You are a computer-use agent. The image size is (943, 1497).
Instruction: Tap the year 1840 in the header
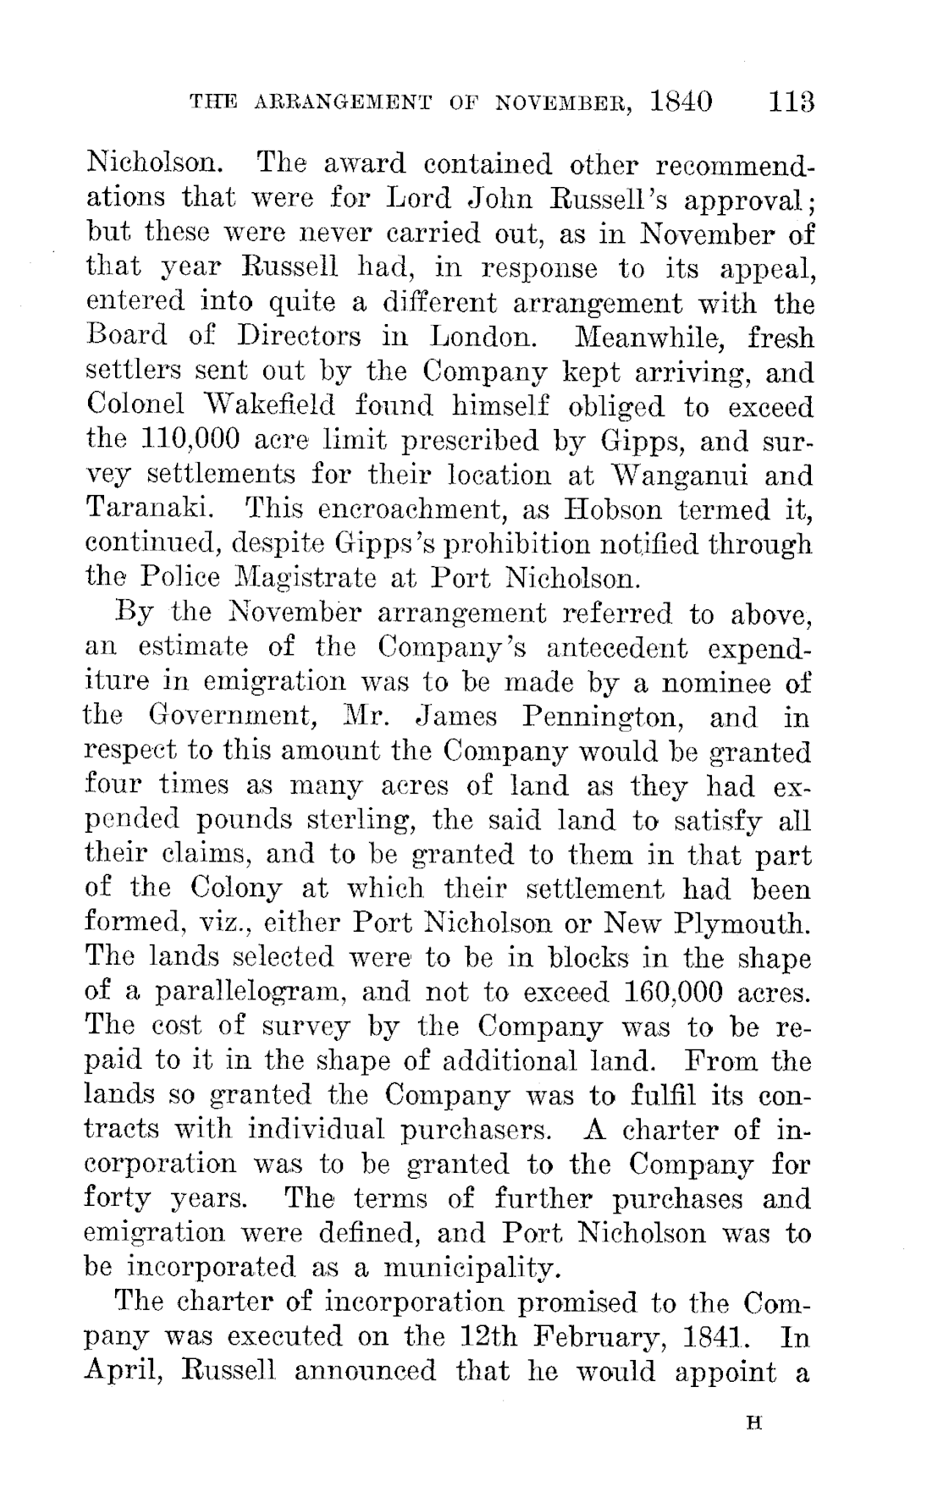pos(681,103)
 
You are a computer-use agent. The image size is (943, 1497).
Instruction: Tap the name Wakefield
pos(273,406)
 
